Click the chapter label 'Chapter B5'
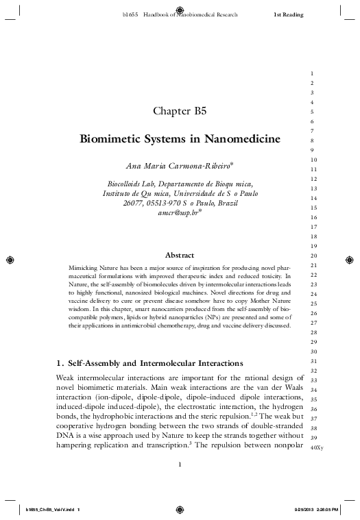[x=179, y=111]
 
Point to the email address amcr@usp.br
[x=178, y=212]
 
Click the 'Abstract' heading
[x=180, y=255]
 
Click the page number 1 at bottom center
[x=179, y=466]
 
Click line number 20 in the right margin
[x=313, y=256]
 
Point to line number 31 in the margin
[x=313, y=361]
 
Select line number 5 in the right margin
[x=313, y=112]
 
